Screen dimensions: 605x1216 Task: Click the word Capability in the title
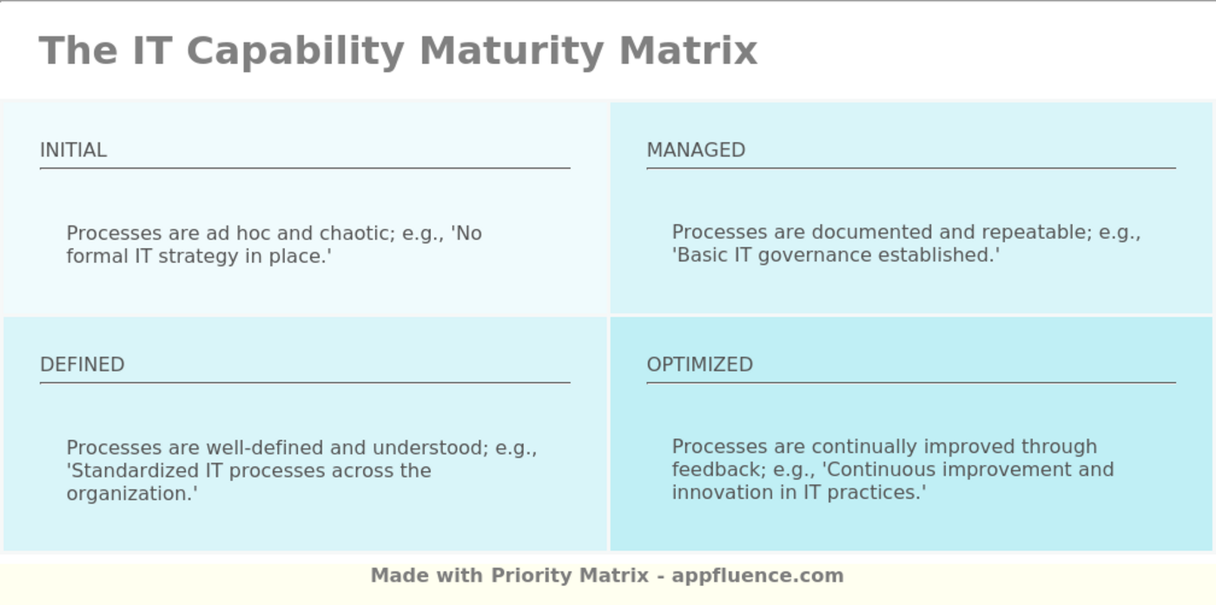294,50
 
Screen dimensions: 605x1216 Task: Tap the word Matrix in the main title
688,50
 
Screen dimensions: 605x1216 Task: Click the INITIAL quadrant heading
73,150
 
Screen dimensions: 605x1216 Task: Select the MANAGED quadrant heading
696,150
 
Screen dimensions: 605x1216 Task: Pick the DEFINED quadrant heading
82,365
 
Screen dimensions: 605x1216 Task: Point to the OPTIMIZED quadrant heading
699,365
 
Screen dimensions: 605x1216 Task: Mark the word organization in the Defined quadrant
129,494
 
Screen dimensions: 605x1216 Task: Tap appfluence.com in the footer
757,575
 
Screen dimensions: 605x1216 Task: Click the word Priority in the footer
531,575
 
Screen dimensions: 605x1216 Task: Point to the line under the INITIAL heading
305,168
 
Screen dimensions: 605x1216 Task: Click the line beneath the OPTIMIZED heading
911,382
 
